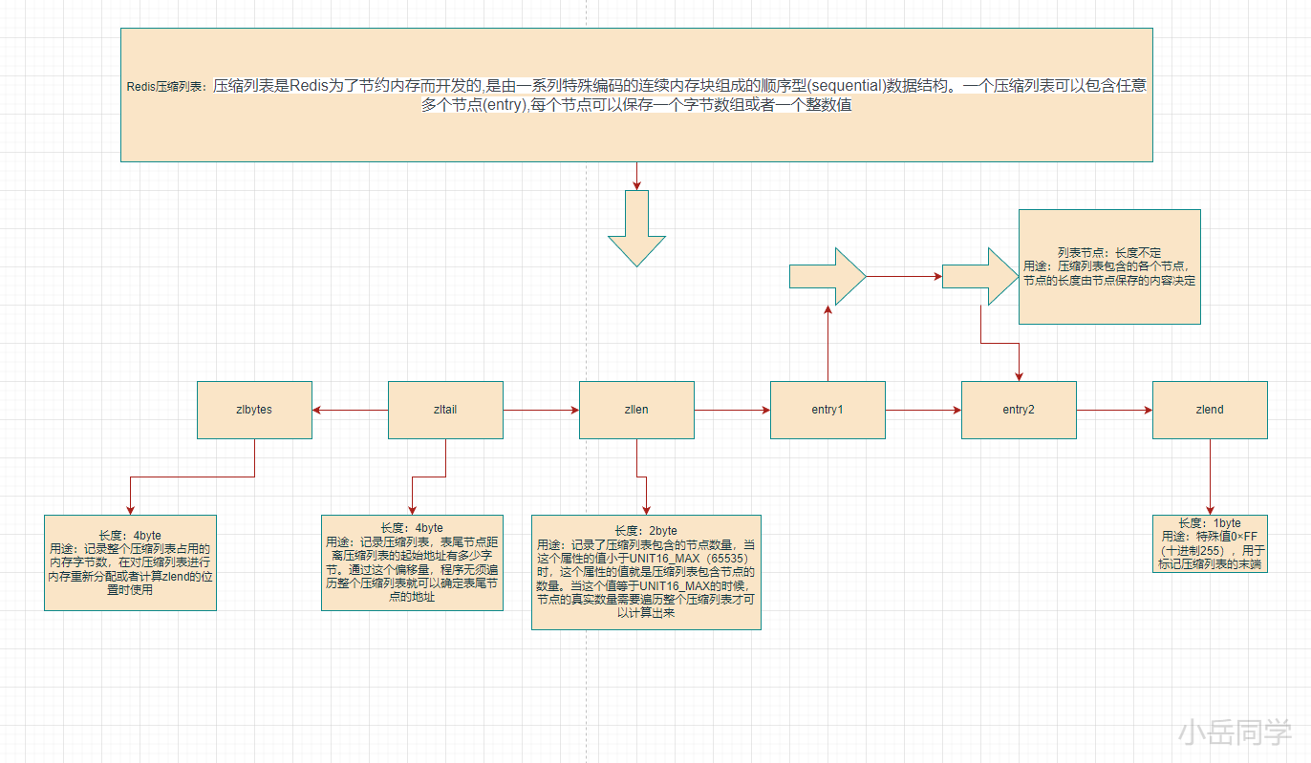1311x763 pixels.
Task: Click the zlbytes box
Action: tap(254, 410)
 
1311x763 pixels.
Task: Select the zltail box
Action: tap(445, 410)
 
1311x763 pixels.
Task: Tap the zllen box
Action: tap(636, 410)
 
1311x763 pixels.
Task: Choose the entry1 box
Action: tap(827, 410)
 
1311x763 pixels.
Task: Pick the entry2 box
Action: tap(1019, 410)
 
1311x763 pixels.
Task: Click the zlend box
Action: tap(1210, 410)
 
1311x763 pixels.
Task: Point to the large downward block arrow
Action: tap(636, 229)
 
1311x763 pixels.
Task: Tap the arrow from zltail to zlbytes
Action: tap(350, 411)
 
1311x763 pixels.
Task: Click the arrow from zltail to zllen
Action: tap(541, 411)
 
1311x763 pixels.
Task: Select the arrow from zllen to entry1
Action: tap(732, 411)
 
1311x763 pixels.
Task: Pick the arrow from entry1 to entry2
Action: tap(923, 411)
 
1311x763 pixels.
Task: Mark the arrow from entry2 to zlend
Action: tap(1114, 411)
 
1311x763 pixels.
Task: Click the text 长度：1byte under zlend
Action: tap(1210, 523)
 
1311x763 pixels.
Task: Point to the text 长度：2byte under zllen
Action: tap(646, 531)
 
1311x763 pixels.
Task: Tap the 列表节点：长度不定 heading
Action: tap(1109, 253)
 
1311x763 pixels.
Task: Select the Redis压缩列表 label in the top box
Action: tap(166, 86)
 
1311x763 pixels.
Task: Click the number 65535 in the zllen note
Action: tap(722, 557)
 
